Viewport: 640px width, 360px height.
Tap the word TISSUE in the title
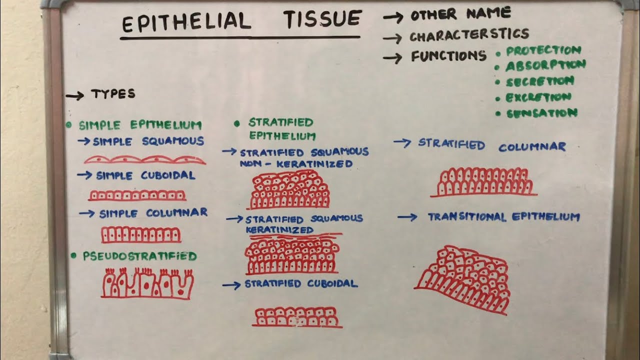(x=322, y=19)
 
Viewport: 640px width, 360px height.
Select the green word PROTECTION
(x=543, y=50)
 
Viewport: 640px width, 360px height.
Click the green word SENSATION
(x=542, y=113)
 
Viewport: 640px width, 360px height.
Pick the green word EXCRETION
(x=538, y=97)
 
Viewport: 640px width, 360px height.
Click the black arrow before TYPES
(x=75, y=96)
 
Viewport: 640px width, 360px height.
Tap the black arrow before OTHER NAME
(x=393, y=17)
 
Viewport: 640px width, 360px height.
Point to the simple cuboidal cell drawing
(x=137, y=195)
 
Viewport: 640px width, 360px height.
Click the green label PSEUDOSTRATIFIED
(x=139, y=256)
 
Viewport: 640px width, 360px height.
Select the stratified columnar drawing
(x=483, y=182)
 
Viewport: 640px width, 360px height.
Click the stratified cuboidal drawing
(x=297, y=317)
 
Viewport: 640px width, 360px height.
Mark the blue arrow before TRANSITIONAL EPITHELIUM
(x=407, y=217)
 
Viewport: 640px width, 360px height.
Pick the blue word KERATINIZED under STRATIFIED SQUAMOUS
(x=279, y=229)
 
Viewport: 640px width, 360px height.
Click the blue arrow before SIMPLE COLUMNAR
(x=86, y=213)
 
